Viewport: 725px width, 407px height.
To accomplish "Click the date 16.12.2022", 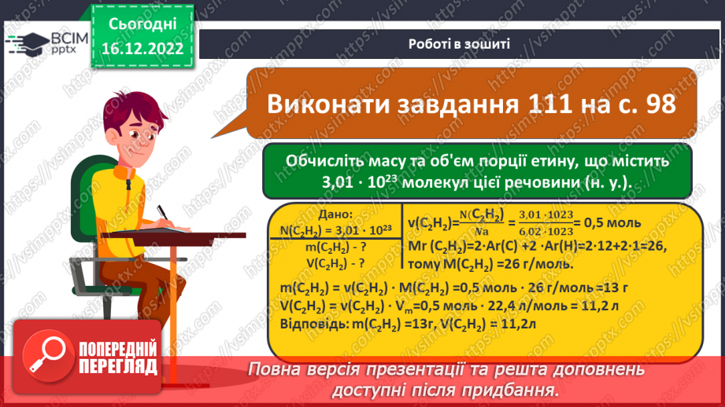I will [x=142, y=49].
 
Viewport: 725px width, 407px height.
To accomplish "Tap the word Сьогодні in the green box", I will [x=142, y=24].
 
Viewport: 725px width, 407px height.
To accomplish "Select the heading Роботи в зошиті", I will [x=460, y=44].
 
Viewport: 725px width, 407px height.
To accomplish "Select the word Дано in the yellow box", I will [x=332, y=214].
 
